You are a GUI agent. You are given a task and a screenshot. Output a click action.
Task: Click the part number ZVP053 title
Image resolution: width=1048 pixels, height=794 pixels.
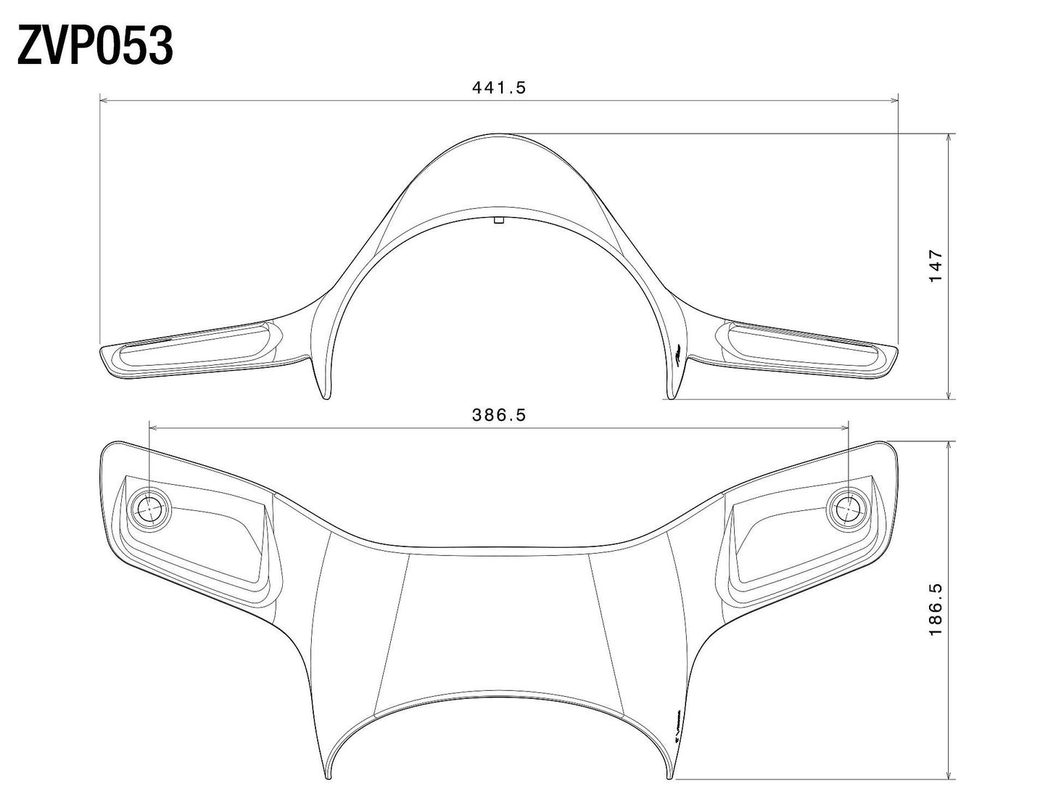coord(95,45)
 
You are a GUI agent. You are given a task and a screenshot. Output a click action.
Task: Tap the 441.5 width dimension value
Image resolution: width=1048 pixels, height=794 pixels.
coord(498,88)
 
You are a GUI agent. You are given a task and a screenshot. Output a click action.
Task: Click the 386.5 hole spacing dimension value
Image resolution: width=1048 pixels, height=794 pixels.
coord(498,415)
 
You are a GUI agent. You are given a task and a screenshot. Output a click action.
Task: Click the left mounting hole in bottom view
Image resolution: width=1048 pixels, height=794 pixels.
coord(149,509)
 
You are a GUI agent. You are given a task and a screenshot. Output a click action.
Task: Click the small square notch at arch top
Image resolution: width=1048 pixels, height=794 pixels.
coord(498,221)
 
